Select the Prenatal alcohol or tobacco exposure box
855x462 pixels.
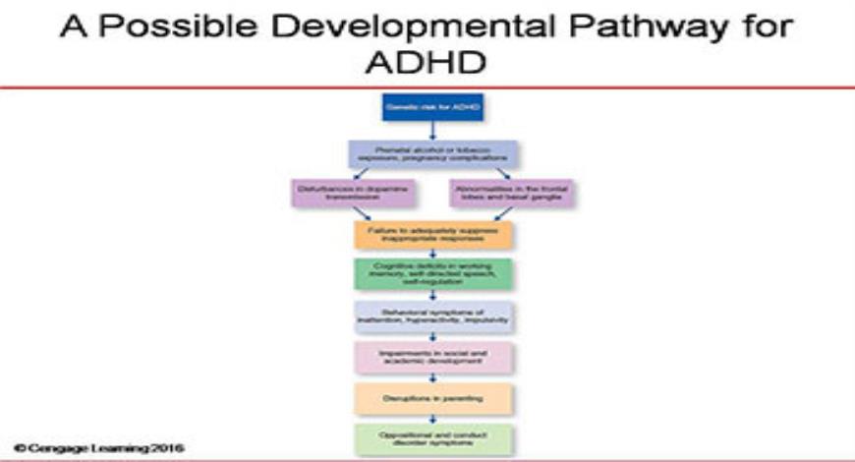pyautogui.click(x=433, y=153)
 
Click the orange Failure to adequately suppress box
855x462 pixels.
pyautogui.click(x=433, y=233)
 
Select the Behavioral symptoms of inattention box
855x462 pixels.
pyautogui.click(x=433, y=316)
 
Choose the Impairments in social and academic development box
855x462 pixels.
pyautogui.click(x=433, y=356)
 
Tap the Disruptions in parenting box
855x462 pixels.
pyautogui.click(x=433, y=397)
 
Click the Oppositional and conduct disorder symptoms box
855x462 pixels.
pyautogui.click(x=433, y=437)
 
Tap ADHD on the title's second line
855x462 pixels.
pyautogui.click(x=427, y=63)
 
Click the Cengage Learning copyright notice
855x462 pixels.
pyautogui.click(x=92, y=449)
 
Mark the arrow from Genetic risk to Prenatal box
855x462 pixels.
pyautogui.click(x=432, y=131)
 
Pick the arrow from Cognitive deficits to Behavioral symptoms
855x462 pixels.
pyautogui.click(x=433, y=295)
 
